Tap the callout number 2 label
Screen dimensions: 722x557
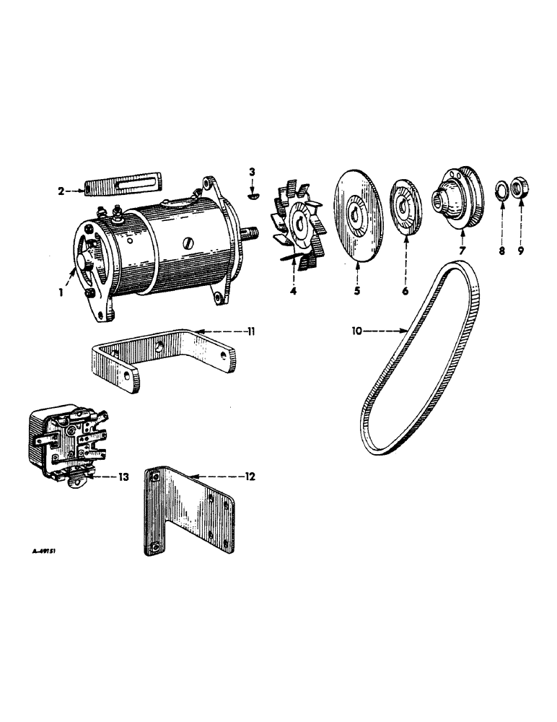62,191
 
